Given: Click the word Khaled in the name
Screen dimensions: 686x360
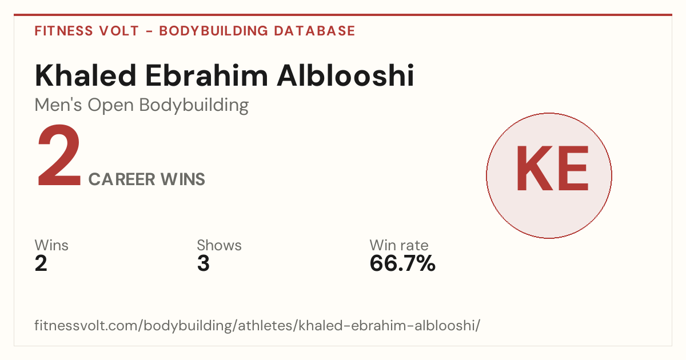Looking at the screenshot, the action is (85, 75).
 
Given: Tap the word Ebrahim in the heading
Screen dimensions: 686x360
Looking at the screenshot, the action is (206, 75).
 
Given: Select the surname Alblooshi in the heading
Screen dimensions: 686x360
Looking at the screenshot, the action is (345, 75).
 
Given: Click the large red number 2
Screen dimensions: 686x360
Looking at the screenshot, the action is (59, 155).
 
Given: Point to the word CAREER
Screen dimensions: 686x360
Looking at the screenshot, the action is (122, 179).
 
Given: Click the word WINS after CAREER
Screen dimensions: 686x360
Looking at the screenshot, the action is (182, 179).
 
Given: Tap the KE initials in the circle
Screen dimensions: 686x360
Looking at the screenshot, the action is (552, 169).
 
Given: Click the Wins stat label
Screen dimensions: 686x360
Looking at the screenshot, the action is (51, 245).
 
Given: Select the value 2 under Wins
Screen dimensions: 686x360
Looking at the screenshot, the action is (41, 263).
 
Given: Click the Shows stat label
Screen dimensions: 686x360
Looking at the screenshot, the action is (219, 245).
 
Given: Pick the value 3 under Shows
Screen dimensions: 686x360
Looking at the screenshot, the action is (204, 263).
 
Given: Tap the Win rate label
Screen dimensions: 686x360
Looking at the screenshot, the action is (399, 245).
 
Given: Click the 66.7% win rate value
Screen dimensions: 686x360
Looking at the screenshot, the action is (402, 263).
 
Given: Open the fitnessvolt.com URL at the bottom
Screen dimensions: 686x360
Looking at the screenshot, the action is (257, 326).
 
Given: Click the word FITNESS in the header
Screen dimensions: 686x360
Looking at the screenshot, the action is (63, 31).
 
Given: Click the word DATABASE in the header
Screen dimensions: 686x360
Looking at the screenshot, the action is (314, 31).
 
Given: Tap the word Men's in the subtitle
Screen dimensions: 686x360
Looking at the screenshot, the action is (58, 105).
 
